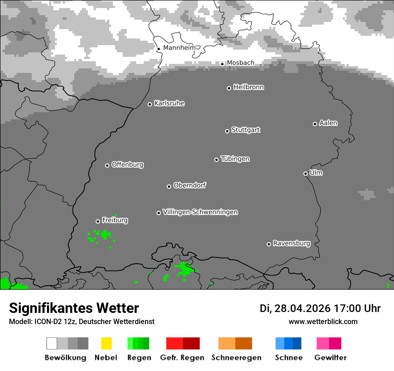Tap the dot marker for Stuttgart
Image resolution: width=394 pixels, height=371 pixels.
pos(227,131)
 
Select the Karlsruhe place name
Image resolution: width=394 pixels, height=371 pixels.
pos(169,103)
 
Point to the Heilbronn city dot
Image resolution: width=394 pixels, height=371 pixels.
pos(229,88)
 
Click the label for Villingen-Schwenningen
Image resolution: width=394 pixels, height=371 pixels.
pos(200,212)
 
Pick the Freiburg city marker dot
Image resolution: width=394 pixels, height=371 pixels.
pos(98,221)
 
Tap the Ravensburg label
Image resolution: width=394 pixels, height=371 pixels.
pos(291,243)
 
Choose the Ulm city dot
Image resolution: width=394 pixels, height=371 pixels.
pos(305,173)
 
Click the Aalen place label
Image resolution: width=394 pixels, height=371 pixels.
pos(328,123)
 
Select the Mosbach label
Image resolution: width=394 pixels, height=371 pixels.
pos(240,63)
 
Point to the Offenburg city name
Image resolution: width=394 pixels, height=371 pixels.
pos(128,164)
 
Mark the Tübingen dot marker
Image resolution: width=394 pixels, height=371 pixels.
pos(216,160)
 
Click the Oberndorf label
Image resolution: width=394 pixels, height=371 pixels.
pos(190,185)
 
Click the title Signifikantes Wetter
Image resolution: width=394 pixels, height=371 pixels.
pos(74,308)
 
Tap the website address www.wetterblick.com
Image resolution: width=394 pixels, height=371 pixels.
pos(323,321)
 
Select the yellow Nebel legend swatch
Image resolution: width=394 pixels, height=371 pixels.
pos(106,343)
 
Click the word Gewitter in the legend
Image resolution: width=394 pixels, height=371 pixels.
pos(330,358)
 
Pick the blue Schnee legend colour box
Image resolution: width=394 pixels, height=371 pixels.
pos(288,343)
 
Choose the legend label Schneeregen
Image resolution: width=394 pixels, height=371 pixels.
pos(236,358)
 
